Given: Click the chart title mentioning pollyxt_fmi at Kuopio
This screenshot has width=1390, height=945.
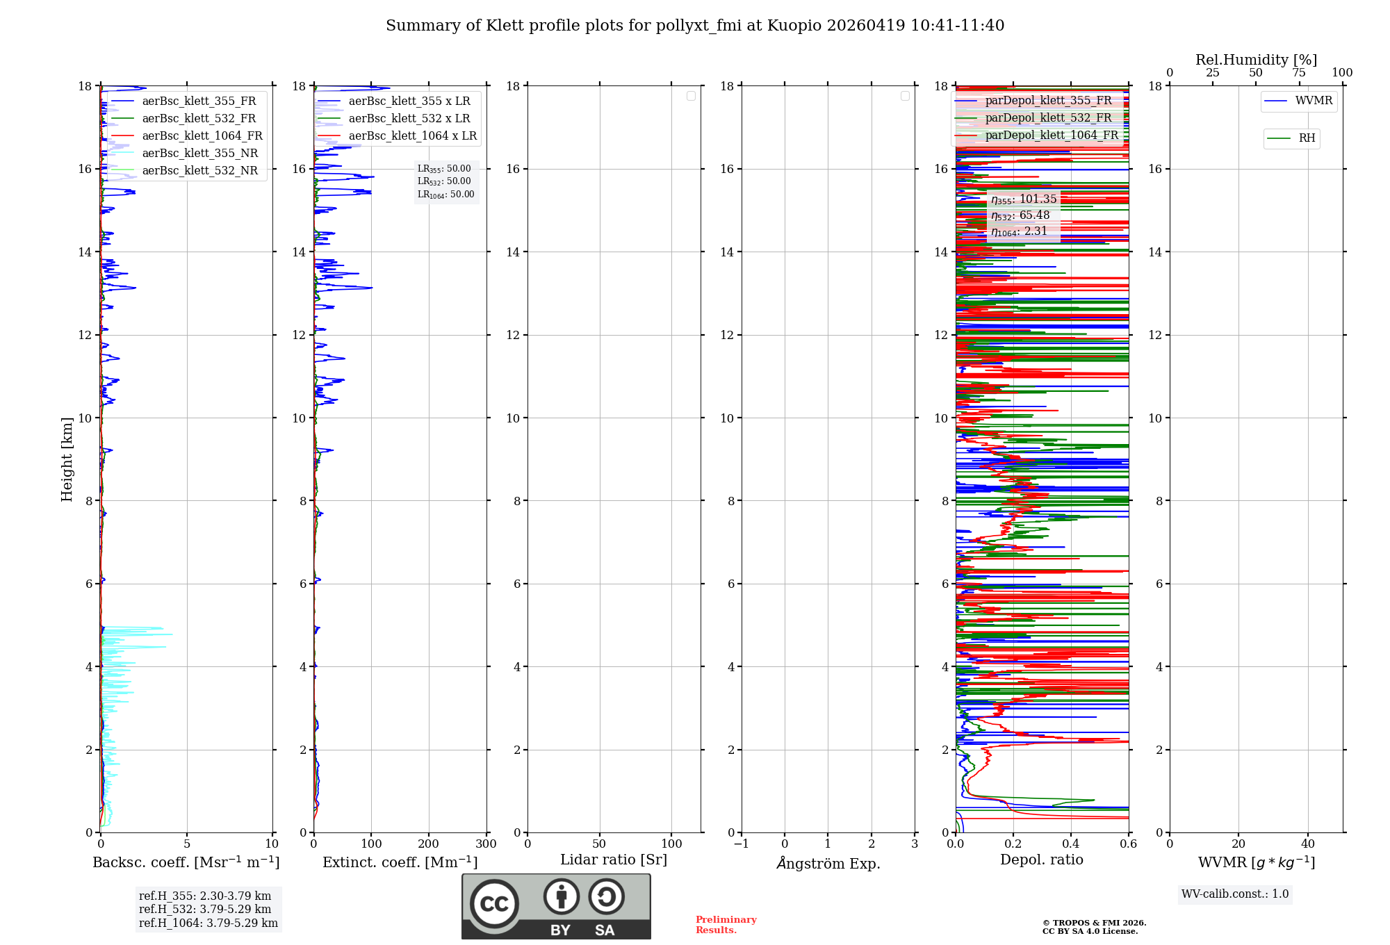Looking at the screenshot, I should click(695, 26).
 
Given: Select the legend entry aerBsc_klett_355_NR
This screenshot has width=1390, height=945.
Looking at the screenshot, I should click(199, 153).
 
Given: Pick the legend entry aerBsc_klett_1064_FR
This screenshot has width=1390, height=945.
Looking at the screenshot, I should click(202, 135).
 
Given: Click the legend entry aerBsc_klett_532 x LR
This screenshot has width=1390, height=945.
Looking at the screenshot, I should click(409, 118).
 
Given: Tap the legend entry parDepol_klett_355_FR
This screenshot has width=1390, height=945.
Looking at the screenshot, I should click(1048, 100).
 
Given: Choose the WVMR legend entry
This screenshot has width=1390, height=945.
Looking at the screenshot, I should click(1313, 101).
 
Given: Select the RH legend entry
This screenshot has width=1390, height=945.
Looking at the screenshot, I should click(1306, 138).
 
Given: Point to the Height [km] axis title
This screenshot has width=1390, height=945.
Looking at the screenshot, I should click(67, 459).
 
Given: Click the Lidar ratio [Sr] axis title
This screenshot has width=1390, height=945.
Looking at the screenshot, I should click(614, 860).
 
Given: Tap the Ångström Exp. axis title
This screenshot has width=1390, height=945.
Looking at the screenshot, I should click(828, 863).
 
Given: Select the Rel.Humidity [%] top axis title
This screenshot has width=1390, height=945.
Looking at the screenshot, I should click(1256, 60).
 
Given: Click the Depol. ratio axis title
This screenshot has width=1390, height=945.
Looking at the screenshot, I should click(1041, 860).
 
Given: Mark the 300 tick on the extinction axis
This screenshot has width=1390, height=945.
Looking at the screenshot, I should click(486, 844).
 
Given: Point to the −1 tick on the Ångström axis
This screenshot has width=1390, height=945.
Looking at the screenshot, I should click(742, 844).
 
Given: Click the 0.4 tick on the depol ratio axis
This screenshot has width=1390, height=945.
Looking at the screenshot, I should click(1071, 844).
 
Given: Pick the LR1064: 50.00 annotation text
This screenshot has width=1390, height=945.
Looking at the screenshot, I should click(445, 195).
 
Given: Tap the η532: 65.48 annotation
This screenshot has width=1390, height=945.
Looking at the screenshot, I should click(1020, 215).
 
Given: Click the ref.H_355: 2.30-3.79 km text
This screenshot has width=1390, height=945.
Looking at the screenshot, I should click(205, 896).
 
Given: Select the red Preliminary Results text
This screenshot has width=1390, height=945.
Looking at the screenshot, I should click(726, 924).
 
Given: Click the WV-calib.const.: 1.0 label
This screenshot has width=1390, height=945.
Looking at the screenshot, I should click(1234, 894).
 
